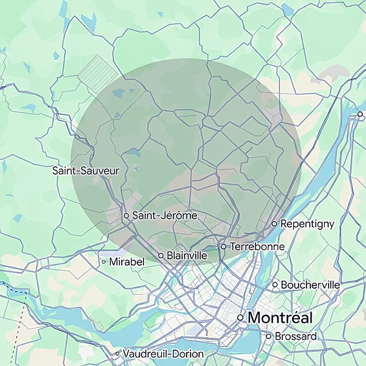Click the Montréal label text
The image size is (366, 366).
tap(280, 318)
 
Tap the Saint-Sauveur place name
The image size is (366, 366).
tap(86, 171)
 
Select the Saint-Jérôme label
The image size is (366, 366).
tap(164, 215)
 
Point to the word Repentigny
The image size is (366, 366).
tap(308, 224)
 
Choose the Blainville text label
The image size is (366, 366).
tap(187, 255)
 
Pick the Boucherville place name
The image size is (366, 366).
tap(310, 285)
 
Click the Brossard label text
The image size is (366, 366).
tap(296, 337)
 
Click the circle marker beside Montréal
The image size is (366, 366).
tap(240, 318)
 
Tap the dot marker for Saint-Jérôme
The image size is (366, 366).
tap(126, 215)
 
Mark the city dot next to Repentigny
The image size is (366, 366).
tap(274, 224)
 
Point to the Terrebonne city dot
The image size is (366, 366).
tap(223, 247)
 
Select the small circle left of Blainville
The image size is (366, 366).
tap(161, 255)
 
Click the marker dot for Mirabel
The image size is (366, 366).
tap(103, 261)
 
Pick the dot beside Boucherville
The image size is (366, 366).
tap(275, 285)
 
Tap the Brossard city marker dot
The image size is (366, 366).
tap(268, 337)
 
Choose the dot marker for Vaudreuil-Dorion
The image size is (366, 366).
tap(117, 353)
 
